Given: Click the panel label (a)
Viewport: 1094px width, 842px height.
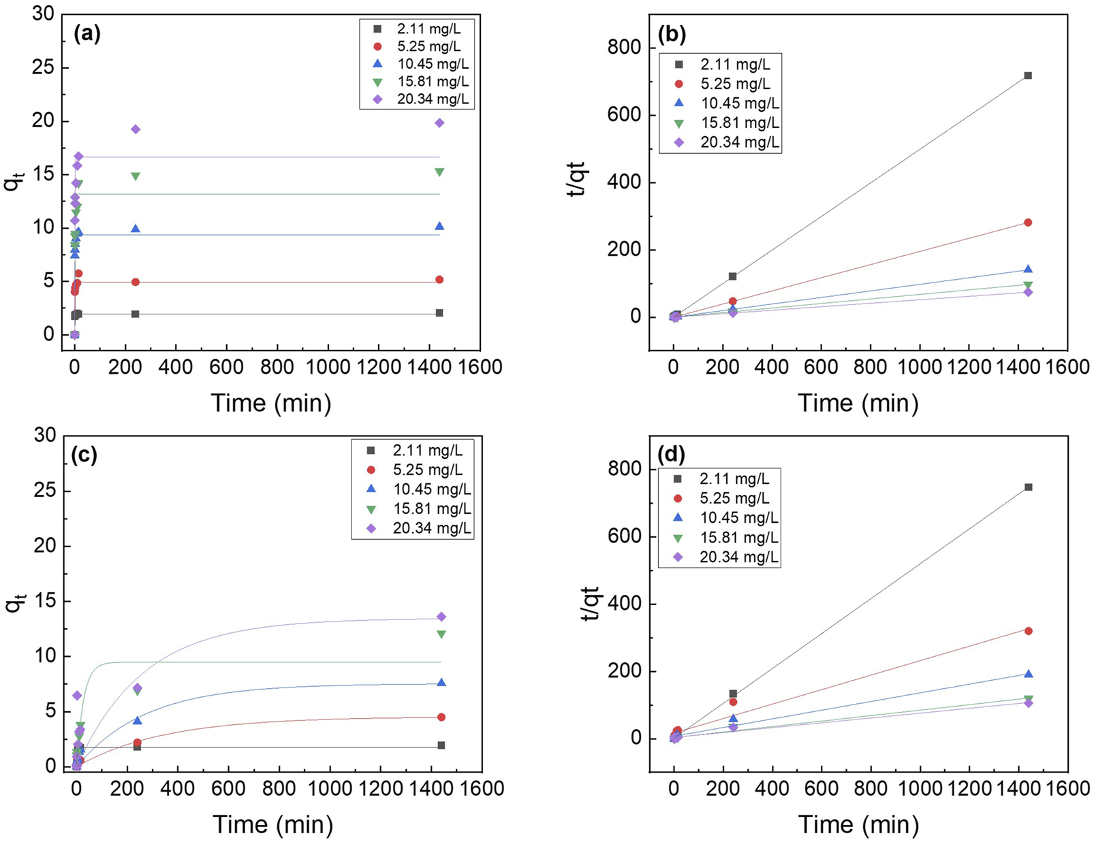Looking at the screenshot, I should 87,34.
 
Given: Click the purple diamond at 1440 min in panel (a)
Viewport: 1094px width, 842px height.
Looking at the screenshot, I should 439,123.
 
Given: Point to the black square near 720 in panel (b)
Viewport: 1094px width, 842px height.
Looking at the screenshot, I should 1028,76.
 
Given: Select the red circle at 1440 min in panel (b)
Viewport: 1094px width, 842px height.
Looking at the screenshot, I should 1028,223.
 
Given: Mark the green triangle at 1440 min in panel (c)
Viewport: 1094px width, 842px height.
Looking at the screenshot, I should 441,634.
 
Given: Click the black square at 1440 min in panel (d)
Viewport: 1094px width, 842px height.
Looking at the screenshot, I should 1029,487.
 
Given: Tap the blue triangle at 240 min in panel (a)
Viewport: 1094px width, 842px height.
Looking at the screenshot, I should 136,229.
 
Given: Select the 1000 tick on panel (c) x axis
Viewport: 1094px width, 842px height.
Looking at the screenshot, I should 330,788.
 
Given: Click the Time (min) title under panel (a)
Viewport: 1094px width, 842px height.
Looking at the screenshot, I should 271,403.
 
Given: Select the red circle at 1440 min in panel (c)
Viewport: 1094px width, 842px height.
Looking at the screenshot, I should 441,717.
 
